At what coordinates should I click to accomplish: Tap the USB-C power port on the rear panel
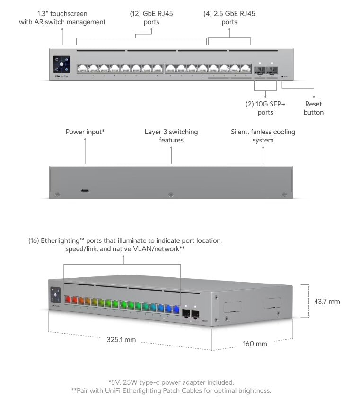tap(85, 191)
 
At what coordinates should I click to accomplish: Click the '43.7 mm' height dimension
tap(327, 301)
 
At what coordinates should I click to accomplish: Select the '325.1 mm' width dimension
tap(121, 339)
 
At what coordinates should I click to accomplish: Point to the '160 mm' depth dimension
tap(255, 344)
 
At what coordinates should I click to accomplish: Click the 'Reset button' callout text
tap(314, 108)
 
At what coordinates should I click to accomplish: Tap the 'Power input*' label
tap(85, 132)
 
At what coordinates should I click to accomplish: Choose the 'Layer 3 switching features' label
tap(171, 136)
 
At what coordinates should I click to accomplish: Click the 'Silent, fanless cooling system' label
tap(263, 136)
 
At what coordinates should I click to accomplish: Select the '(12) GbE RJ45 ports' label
tap(151, 18)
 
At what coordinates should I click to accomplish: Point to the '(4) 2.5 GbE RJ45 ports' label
tap(229, 18)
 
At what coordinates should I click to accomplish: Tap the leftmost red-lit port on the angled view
tap(67, 300)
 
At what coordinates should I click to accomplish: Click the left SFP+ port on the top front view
tap(260, 70)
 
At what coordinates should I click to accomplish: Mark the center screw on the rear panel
tap(171, 194)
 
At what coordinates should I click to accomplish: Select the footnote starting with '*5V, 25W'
tap(171, 382)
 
